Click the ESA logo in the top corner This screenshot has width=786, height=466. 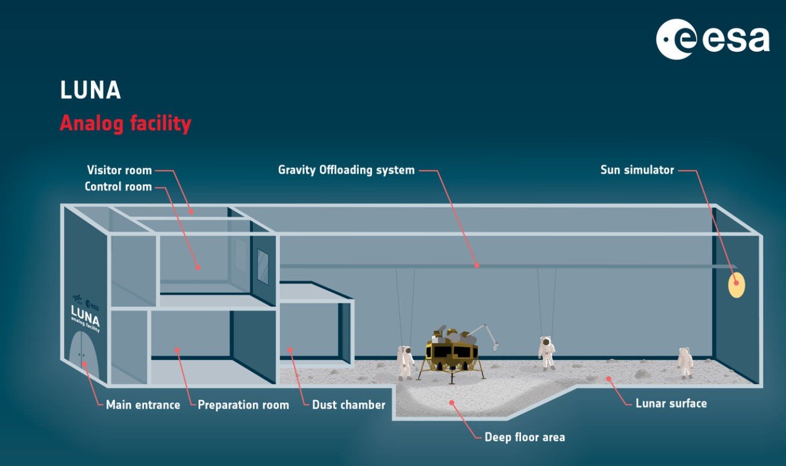pos(713,39)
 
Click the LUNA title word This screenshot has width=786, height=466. pos(90,90)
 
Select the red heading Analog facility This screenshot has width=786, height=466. pos(125,124)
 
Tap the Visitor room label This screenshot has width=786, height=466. pos(119,170)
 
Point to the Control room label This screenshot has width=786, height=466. pos(118,186)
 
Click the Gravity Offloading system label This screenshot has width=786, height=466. pos(346,170)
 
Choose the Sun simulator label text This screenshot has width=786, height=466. pos(637,170)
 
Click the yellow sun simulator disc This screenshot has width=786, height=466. pos(737,285)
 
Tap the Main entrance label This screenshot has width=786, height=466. pos(143,405)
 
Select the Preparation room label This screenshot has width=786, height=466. pos(243,405)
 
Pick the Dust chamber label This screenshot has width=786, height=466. pos(348,405)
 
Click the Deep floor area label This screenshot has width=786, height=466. pos(525,437)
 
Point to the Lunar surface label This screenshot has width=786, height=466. pos(671,403)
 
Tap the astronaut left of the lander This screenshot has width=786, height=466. pos(406,362)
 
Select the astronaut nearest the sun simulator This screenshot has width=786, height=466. pos(685,362)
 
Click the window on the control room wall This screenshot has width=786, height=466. pos(263,266)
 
